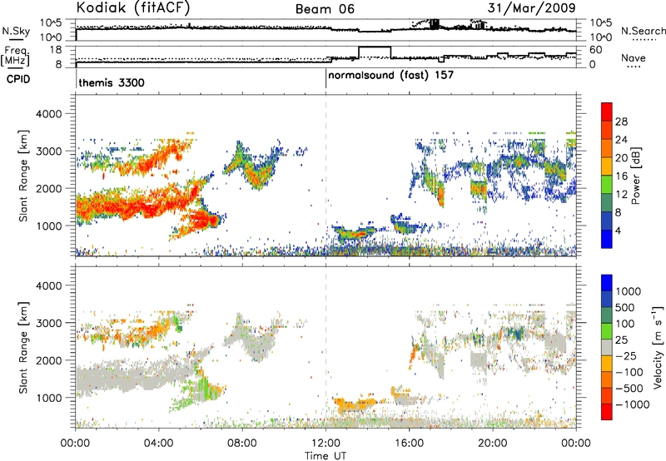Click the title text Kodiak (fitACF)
coord(133,7)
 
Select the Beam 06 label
coord(325,9)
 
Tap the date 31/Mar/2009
coord(531,8)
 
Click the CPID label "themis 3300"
coord(112,82)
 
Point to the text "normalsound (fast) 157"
coord(390,76)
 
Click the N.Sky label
coord(16,31)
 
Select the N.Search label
coord(643,31)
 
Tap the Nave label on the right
coord(634,58)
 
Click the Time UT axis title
coord(326,456)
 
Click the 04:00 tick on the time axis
coord(158,444)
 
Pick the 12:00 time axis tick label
coord(326,444)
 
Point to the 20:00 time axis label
coord(493,444)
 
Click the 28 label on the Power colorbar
coord(621,121)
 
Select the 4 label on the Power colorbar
coord(618,230)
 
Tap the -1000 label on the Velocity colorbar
coord(632,404)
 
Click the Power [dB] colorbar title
coord(635,176)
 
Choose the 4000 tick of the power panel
coord(49,114)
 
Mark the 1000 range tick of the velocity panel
coord(49,398)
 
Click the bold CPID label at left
coord(18,79)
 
